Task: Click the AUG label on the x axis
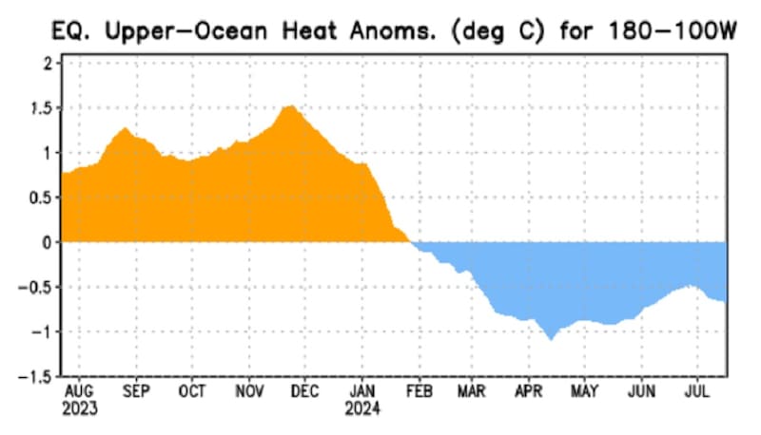79,391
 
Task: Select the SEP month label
136,391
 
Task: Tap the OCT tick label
192,391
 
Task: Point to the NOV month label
249,391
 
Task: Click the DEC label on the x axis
305,391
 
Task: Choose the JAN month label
362,391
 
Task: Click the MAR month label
473,391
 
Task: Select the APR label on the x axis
529,391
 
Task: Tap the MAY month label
586,391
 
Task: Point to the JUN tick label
642,391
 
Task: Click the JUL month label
698,391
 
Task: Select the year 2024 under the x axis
362,409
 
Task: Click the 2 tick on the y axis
46,63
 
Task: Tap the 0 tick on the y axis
46,242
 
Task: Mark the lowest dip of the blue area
550,338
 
